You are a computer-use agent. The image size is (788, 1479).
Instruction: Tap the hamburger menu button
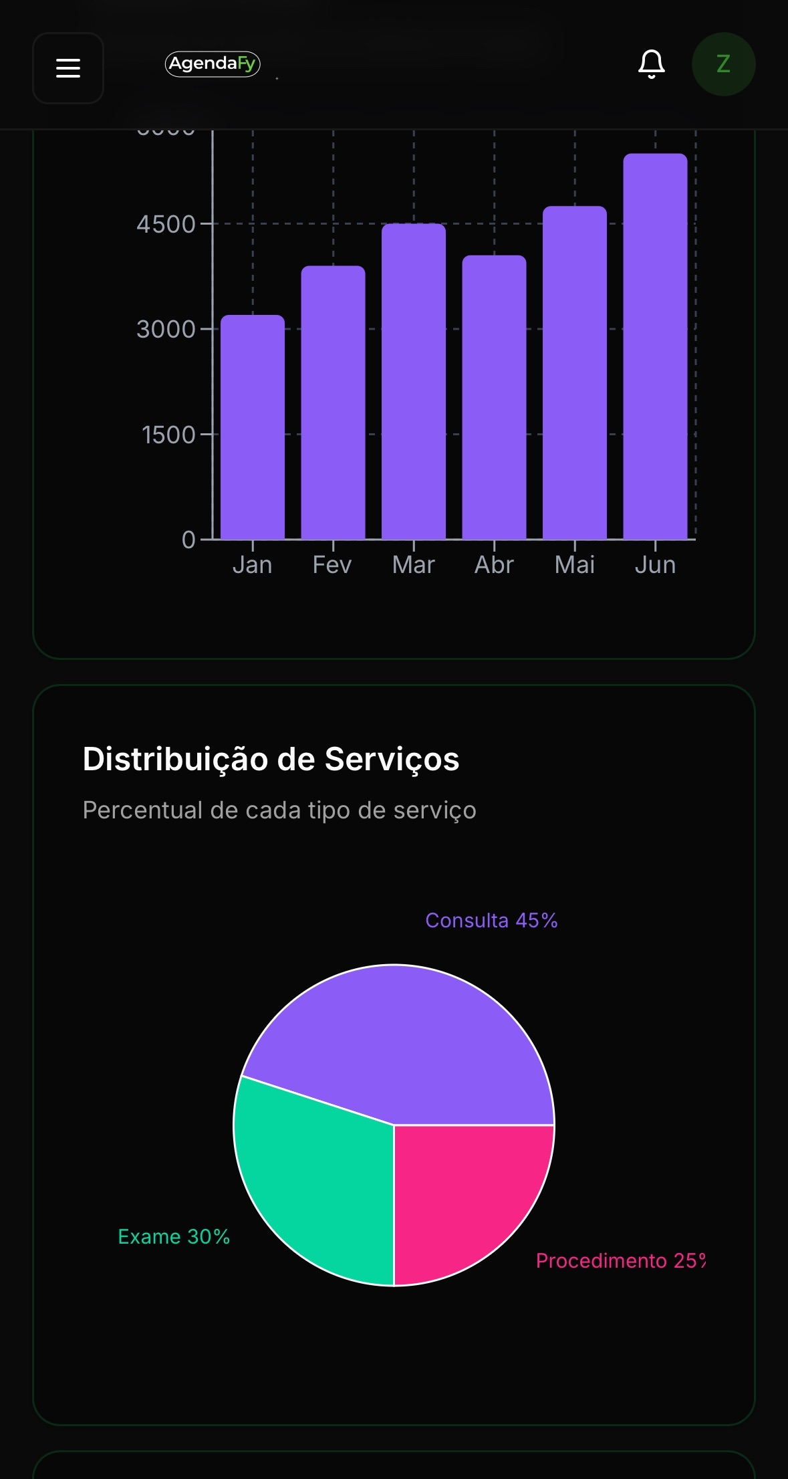[68, 68]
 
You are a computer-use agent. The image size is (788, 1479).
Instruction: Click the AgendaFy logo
[213, 64]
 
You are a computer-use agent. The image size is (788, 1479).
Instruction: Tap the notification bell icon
[651, 64]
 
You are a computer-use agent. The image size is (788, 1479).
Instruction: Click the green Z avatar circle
[723, 64]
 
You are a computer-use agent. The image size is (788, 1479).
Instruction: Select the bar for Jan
[253, 428]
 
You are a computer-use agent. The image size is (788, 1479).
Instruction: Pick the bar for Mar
[414, 381]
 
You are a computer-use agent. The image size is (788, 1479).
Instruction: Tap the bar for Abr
[494, 397]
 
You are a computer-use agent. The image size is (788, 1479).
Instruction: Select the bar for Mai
[575, 373]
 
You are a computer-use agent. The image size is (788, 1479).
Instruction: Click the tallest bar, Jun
[655, 346]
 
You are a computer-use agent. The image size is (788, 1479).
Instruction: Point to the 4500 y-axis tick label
[166, 225]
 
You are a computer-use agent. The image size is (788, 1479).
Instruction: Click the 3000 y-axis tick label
[166, 330]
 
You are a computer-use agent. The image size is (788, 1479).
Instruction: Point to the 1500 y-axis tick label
[168, 435]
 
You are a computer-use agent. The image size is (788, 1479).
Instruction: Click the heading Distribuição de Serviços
[271, 760]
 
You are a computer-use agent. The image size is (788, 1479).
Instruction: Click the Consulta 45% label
[491, 921]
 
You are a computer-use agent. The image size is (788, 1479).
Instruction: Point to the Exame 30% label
[174, 1237]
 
